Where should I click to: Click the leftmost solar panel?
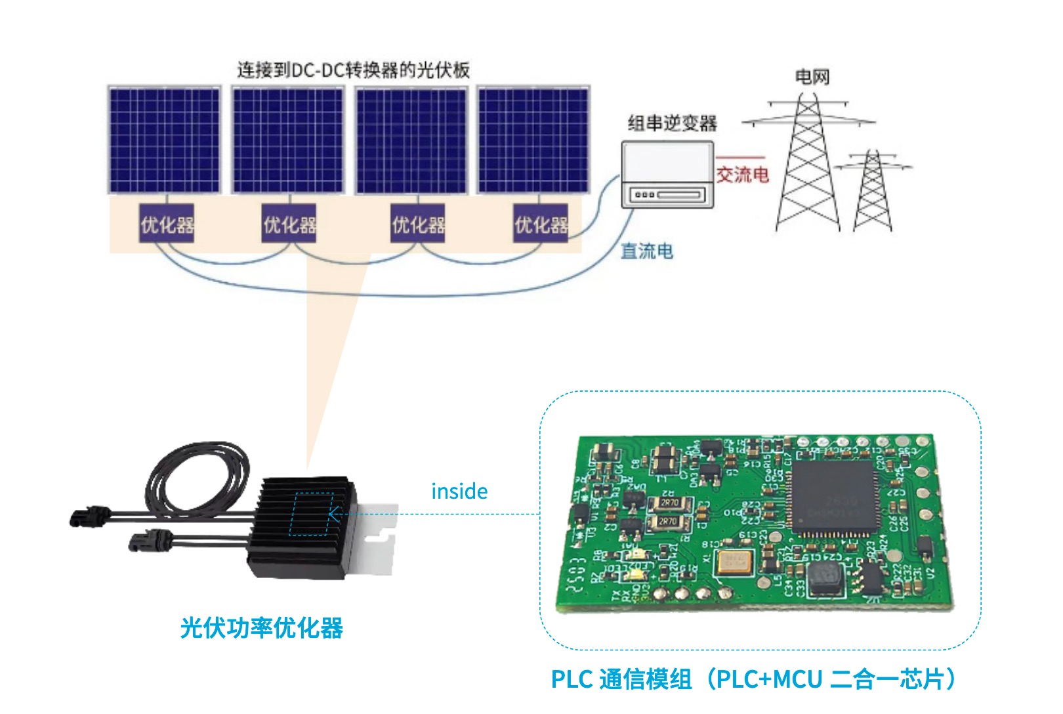(x=164, y=140)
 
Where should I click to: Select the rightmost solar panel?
(x=533, y=140)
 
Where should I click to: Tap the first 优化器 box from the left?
(x=167, y=224)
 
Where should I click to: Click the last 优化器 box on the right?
(x=541, y=224)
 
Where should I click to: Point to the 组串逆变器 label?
(x=672, y=123)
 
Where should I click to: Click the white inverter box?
(x=667, y=174)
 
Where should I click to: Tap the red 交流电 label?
(x=742, y=175)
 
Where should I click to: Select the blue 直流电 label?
(x=646, y=251)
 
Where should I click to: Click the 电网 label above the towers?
(x=812, y=77)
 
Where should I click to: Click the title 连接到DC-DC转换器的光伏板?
(x=353, y=70)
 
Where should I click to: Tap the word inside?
(x=459, y=492)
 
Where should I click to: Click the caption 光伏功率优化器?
(x=261, y=628)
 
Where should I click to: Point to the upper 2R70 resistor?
(x=670, y=503)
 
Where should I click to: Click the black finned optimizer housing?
(x=302, y=528)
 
